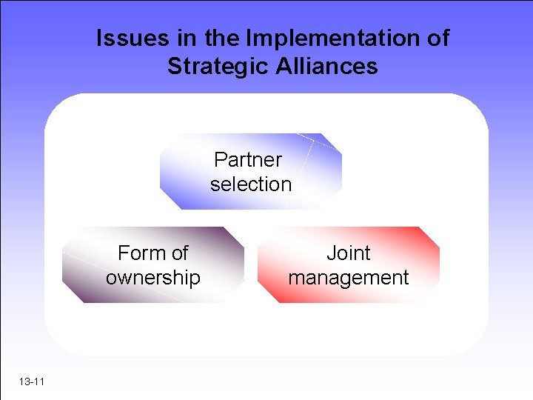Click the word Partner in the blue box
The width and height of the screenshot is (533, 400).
[247, 159]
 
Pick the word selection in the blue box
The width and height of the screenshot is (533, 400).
[251, 184]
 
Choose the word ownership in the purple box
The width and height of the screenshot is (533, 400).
[152, 278]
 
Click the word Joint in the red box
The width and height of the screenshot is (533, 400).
[348, 253]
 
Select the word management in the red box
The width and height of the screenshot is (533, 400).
[348, 278]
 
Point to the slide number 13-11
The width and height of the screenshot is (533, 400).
[32, 382]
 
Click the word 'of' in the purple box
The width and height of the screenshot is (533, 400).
[180, 253]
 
